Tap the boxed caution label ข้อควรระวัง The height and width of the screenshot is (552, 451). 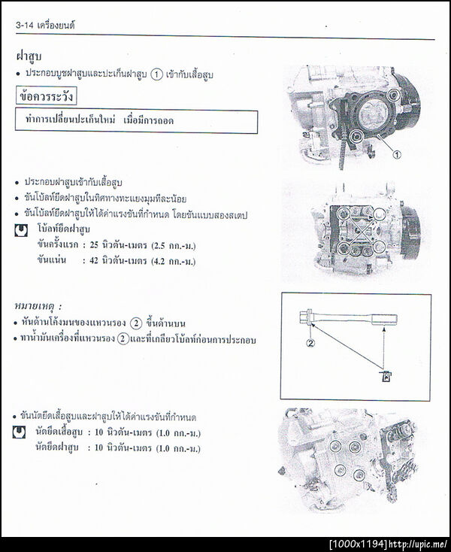[x=47, y=97]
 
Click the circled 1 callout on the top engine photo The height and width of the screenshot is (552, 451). [x=398, y=154]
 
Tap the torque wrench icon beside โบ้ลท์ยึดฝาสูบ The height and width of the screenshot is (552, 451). [x=21, y=230]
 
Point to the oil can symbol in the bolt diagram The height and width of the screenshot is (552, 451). [x=385, y=376]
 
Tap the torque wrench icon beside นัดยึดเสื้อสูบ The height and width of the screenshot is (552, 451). [x=20, y=432]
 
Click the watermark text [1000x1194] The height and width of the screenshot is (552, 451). [x=358, y=544]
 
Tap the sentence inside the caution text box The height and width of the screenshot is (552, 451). [x=135, y=121]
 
